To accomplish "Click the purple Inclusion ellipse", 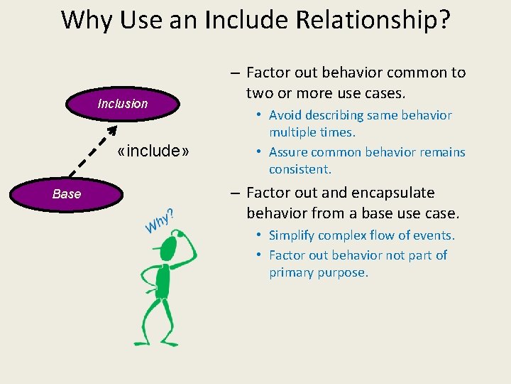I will click(123, 104).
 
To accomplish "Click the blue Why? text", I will click(160, 221).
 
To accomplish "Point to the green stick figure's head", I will click(169, 248).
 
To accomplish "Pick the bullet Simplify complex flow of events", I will click(361, 235).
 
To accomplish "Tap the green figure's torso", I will click(163, 281).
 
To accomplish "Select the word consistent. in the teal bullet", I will click(300, 169).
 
